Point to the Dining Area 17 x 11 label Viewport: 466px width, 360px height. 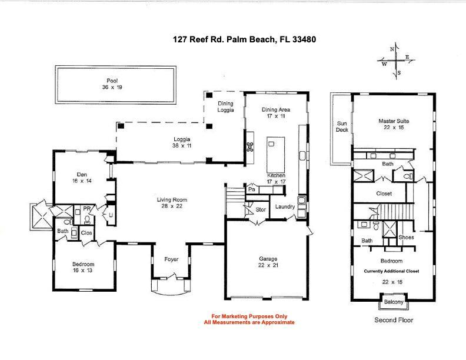tap(276, 113)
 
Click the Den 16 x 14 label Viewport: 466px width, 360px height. tap(82, 177)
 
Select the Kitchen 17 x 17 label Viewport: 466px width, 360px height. tap(277, 179)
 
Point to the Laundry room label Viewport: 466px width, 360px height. tap(285, 206)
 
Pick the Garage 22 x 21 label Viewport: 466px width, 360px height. tap(267, 262)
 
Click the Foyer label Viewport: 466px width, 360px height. tap(171, 259)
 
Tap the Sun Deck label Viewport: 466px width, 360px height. tap(342, 127)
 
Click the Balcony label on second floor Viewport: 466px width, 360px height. tap(394, 302)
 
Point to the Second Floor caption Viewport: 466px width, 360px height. tap(394, 321)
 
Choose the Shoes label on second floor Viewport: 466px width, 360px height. tap(405, 238)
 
